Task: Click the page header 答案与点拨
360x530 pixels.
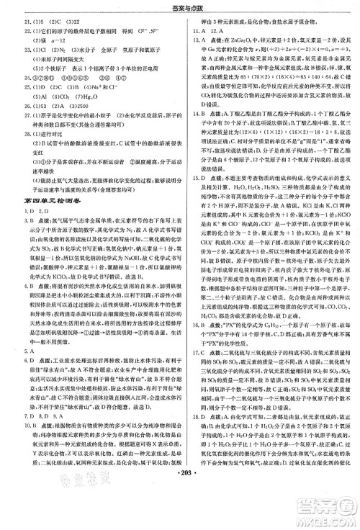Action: [x=180, y=6]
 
